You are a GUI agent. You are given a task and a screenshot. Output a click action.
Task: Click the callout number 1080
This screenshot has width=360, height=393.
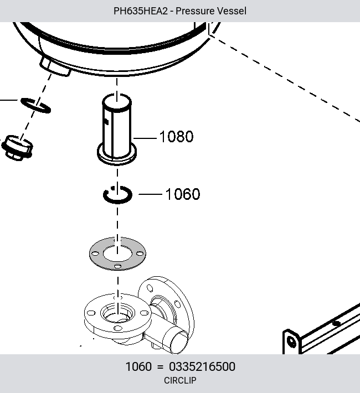point(176,137)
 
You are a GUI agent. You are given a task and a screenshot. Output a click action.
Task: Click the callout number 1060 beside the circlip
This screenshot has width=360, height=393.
point(183,194)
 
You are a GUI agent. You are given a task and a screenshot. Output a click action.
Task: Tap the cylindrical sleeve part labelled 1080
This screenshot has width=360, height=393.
point(117,129)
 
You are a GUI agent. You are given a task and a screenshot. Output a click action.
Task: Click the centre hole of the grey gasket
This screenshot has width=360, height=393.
point(117,254)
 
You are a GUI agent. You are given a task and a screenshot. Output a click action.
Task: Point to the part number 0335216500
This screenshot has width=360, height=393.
point(202,366)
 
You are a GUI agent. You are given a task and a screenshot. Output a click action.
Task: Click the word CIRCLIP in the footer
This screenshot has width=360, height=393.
point(180,380)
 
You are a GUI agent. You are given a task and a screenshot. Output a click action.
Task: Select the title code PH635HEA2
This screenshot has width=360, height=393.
point(141,11)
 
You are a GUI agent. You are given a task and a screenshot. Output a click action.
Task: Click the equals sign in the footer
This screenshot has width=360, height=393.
point(160,367)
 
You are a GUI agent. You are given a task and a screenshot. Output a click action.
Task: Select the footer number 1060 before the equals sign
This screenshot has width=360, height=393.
point(138,366)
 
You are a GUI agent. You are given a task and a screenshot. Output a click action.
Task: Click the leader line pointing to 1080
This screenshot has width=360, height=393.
point(145,138)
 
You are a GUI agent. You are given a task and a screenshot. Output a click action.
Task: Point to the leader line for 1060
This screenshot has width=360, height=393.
point(150,194)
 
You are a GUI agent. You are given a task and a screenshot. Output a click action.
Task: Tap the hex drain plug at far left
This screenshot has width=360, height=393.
point(17,148)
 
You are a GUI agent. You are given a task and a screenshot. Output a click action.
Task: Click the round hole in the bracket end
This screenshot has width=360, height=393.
point(292,342)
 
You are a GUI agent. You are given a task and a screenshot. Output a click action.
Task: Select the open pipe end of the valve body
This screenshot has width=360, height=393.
point(179,343)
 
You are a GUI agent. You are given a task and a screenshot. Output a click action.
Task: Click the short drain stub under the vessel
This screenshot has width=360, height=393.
point(55,66)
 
